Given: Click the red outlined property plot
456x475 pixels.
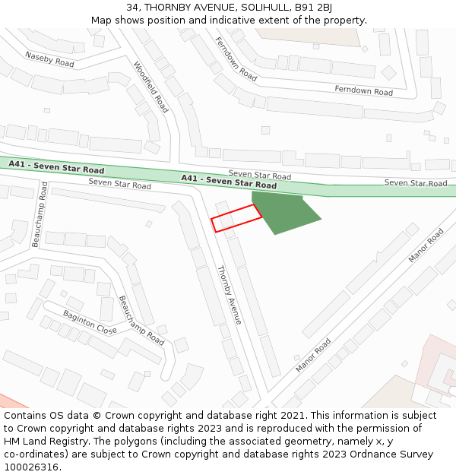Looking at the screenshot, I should click(236, 218).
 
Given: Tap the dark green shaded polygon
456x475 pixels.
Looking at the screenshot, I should click(283, 211).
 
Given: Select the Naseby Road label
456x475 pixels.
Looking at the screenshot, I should click(49, 59).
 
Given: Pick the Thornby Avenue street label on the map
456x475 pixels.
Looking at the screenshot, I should click(229, 295).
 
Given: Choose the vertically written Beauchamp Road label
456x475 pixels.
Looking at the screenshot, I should click(40, 214).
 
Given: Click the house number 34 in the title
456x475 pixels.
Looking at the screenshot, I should click(133, 8).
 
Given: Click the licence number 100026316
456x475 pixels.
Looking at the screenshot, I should click(31, 467).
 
